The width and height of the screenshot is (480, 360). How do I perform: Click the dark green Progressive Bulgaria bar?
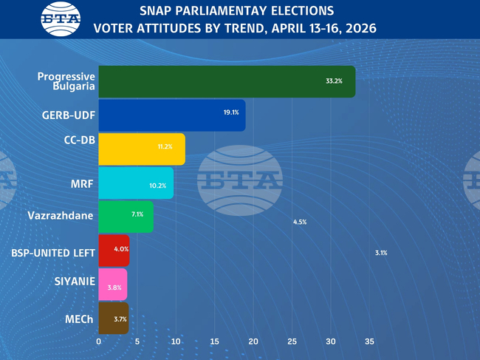coord(226,81)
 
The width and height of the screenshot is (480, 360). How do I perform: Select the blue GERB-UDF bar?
coord(171,115)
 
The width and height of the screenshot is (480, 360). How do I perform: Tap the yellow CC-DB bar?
coord(141,149)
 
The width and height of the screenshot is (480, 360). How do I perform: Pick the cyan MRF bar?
coord(136,183)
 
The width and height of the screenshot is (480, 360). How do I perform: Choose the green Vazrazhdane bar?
coord(126,217)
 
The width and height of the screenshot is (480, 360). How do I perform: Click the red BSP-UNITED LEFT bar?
coord(114,251)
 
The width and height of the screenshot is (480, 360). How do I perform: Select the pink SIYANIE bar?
coord(112,285)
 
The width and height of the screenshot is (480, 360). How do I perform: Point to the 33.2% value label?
coord(334,81)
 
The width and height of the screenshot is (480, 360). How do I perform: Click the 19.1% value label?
coord(231,112)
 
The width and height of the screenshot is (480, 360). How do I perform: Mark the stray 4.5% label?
coord(300,222)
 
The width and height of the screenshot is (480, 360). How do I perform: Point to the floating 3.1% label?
coord(381,253)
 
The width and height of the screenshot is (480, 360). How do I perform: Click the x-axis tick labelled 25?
coord(292,342)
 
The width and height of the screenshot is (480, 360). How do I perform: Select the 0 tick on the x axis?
coord(99,342)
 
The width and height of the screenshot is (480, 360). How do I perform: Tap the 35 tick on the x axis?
coord(370,342)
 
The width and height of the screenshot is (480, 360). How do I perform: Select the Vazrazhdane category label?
coord(61,216)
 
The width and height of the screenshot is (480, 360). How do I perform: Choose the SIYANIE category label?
coord(75,282)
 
